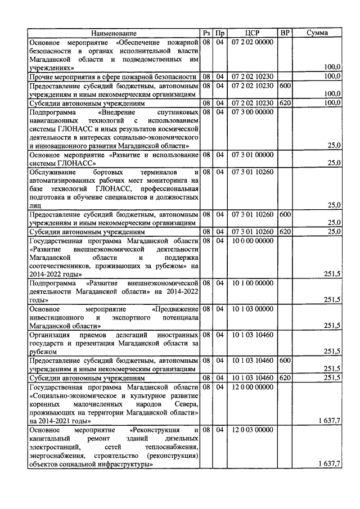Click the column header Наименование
pos(114,33)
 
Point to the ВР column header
pos(285,33)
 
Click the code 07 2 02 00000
pos(252,42)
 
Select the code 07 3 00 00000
pos(252,112)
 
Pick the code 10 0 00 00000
pos(252,240)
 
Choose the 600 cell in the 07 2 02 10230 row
pos(285,85)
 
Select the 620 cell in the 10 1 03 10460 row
pos(285,377)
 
